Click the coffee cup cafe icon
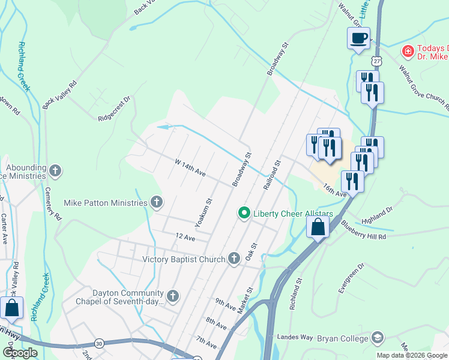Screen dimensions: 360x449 coord(358,38)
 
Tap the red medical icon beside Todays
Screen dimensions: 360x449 coord(408,52)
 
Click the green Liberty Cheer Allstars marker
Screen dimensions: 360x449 coord(244,213)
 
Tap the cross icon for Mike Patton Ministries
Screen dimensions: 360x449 coord(157,202)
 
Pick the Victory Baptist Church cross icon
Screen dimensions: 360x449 coord(234,259)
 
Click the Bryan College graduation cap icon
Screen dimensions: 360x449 coord(377,338)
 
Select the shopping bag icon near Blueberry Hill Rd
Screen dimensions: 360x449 coord(318,227)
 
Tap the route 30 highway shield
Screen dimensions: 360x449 coord(98,343)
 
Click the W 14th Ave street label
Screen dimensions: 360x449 coord(190,168)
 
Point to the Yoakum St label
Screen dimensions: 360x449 coord(205,214)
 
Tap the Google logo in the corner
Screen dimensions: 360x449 coord(20,353)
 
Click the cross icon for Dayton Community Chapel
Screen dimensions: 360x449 coord(173,295)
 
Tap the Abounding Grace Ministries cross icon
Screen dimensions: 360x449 coord(55,171)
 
